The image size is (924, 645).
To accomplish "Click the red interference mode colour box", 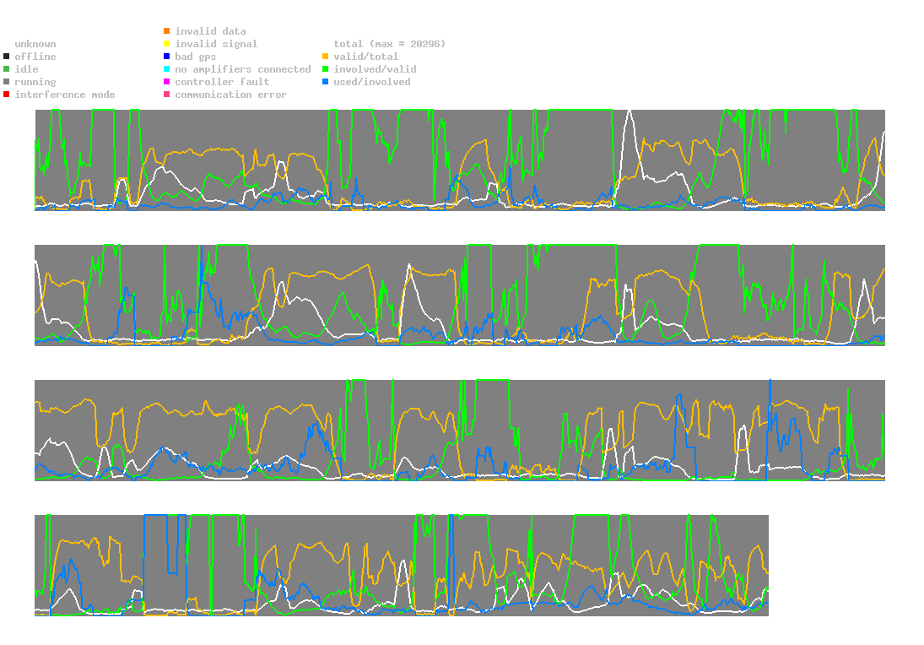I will point(7,95).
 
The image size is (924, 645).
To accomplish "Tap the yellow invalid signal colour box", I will point(167,44).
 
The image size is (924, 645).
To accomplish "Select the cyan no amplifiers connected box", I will point(167,69).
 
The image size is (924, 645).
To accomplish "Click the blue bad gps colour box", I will point(167,57).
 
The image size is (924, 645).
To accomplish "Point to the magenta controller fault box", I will point(167,82).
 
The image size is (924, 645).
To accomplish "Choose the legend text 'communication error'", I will point(230,95).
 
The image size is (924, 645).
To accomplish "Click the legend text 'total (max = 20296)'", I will point(389,44).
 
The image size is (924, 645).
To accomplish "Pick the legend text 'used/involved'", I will point(372,82).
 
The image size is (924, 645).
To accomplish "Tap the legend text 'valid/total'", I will point(365,57).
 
